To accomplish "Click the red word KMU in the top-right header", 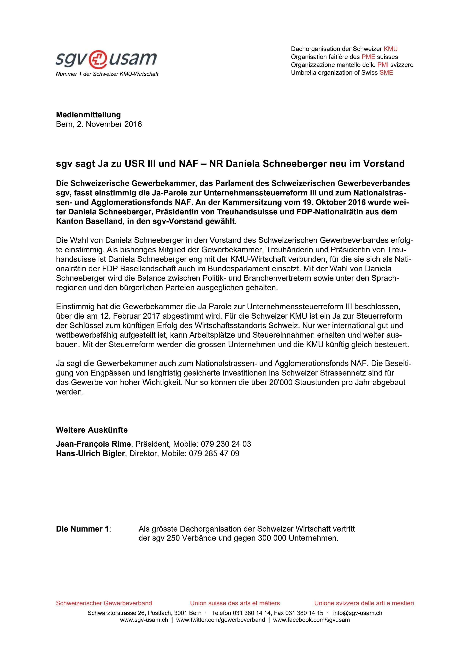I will coord(391,49).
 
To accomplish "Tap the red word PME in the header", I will coord(368,57).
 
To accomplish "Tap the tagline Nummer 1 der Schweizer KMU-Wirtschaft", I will coord(107,74).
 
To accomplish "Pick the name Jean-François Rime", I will coord(93,444).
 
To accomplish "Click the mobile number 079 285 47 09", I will coord(214,454).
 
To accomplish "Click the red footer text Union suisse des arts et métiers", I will coord(235,603).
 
